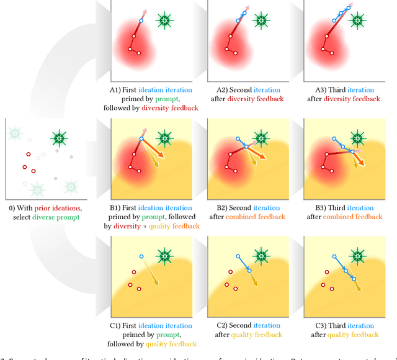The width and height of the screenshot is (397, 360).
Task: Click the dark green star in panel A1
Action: (x=164, y=20)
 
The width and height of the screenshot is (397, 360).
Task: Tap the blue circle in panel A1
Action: (x=141, y=21)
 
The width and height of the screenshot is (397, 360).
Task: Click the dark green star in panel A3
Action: (x=357, y=20)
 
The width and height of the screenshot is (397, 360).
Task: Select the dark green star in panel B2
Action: (x=261, y=138)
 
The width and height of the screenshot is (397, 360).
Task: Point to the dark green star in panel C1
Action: (x=164, y=255)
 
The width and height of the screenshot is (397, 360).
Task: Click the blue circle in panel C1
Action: (x=141, y=256)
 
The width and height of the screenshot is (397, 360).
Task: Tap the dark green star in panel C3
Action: (x=357, y=255)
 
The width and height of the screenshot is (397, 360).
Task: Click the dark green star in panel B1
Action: (x=164, y=138)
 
